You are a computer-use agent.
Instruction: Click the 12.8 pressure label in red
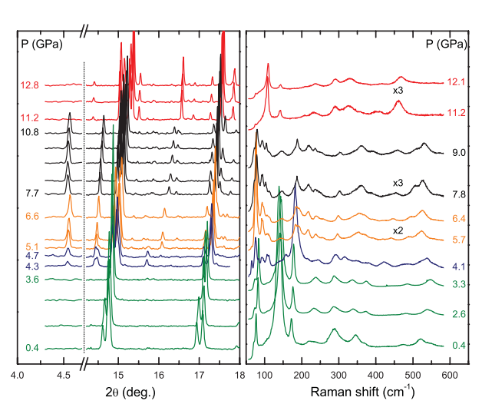tap(31, 85)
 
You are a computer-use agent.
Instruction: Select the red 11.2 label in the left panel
tap(31, 118)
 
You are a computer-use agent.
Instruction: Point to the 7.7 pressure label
tap(32, 194)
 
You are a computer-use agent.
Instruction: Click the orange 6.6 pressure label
tap(32, 217)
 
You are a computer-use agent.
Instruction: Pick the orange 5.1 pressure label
tap(32, 247)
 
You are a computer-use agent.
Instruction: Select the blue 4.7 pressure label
tap(32, 256)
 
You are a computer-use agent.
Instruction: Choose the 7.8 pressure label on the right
tap(460, 195)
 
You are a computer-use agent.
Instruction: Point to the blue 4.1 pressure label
tap(460, 268)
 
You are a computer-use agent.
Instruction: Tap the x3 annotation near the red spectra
tap(398, 90)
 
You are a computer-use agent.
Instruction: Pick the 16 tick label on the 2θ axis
tap(158, 376)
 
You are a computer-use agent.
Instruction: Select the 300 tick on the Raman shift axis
tap(338, 376)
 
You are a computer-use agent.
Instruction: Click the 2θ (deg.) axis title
tap(128, 392)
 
